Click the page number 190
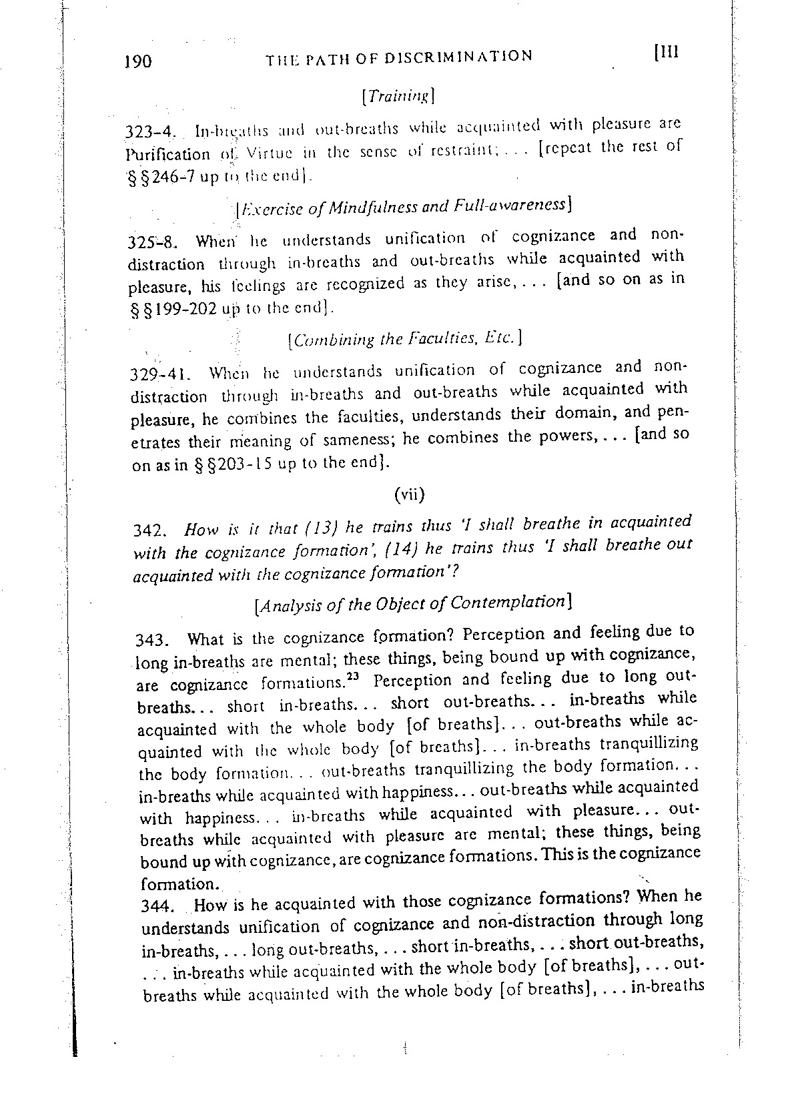[x=138, y=62]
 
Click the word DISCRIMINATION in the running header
[x=459, y=56]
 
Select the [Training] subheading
[x=398, y=96]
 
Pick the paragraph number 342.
[x=148, y=531]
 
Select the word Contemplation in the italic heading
[x=509, y=602]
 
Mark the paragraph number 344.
[x=156, y=906]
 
